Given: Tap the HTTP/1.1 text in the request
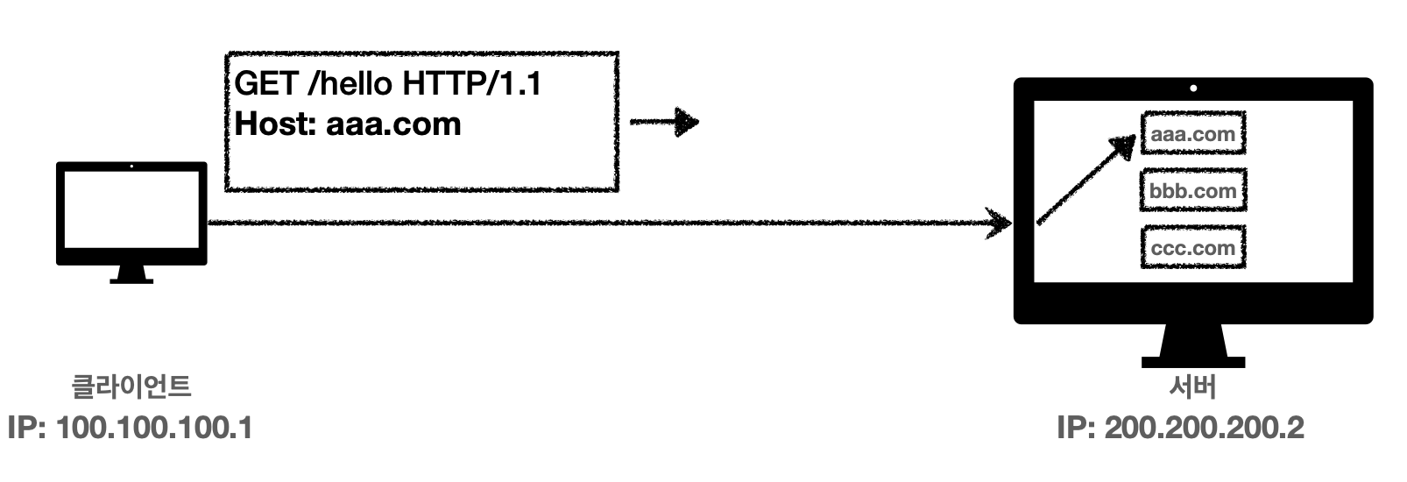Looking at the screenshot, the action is point(472,84).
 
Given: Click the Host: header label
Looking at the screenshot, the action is point(276,124).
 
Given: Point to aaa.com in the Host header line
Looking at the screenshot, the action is point(393,124).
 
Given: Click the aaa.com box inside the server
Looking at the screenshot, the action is point(1192,134).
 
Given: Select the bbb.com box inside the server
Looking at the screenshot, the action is point(1192,190).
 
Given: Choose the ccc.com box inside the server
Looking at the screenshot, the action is point(1192,248).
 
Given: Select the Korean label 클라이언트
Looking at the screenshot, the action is point(131,386).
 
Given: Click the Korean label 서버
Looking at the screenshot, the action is point(1192,386).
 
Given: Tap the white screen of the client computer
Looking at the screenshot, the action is point(131,210).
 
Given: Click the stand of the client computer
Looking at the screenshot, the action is point(131,273).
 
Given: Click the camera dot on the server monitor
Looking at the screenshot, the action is point(1193,89).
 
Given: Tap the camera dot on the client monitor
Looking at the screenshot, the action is point(131,167).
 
